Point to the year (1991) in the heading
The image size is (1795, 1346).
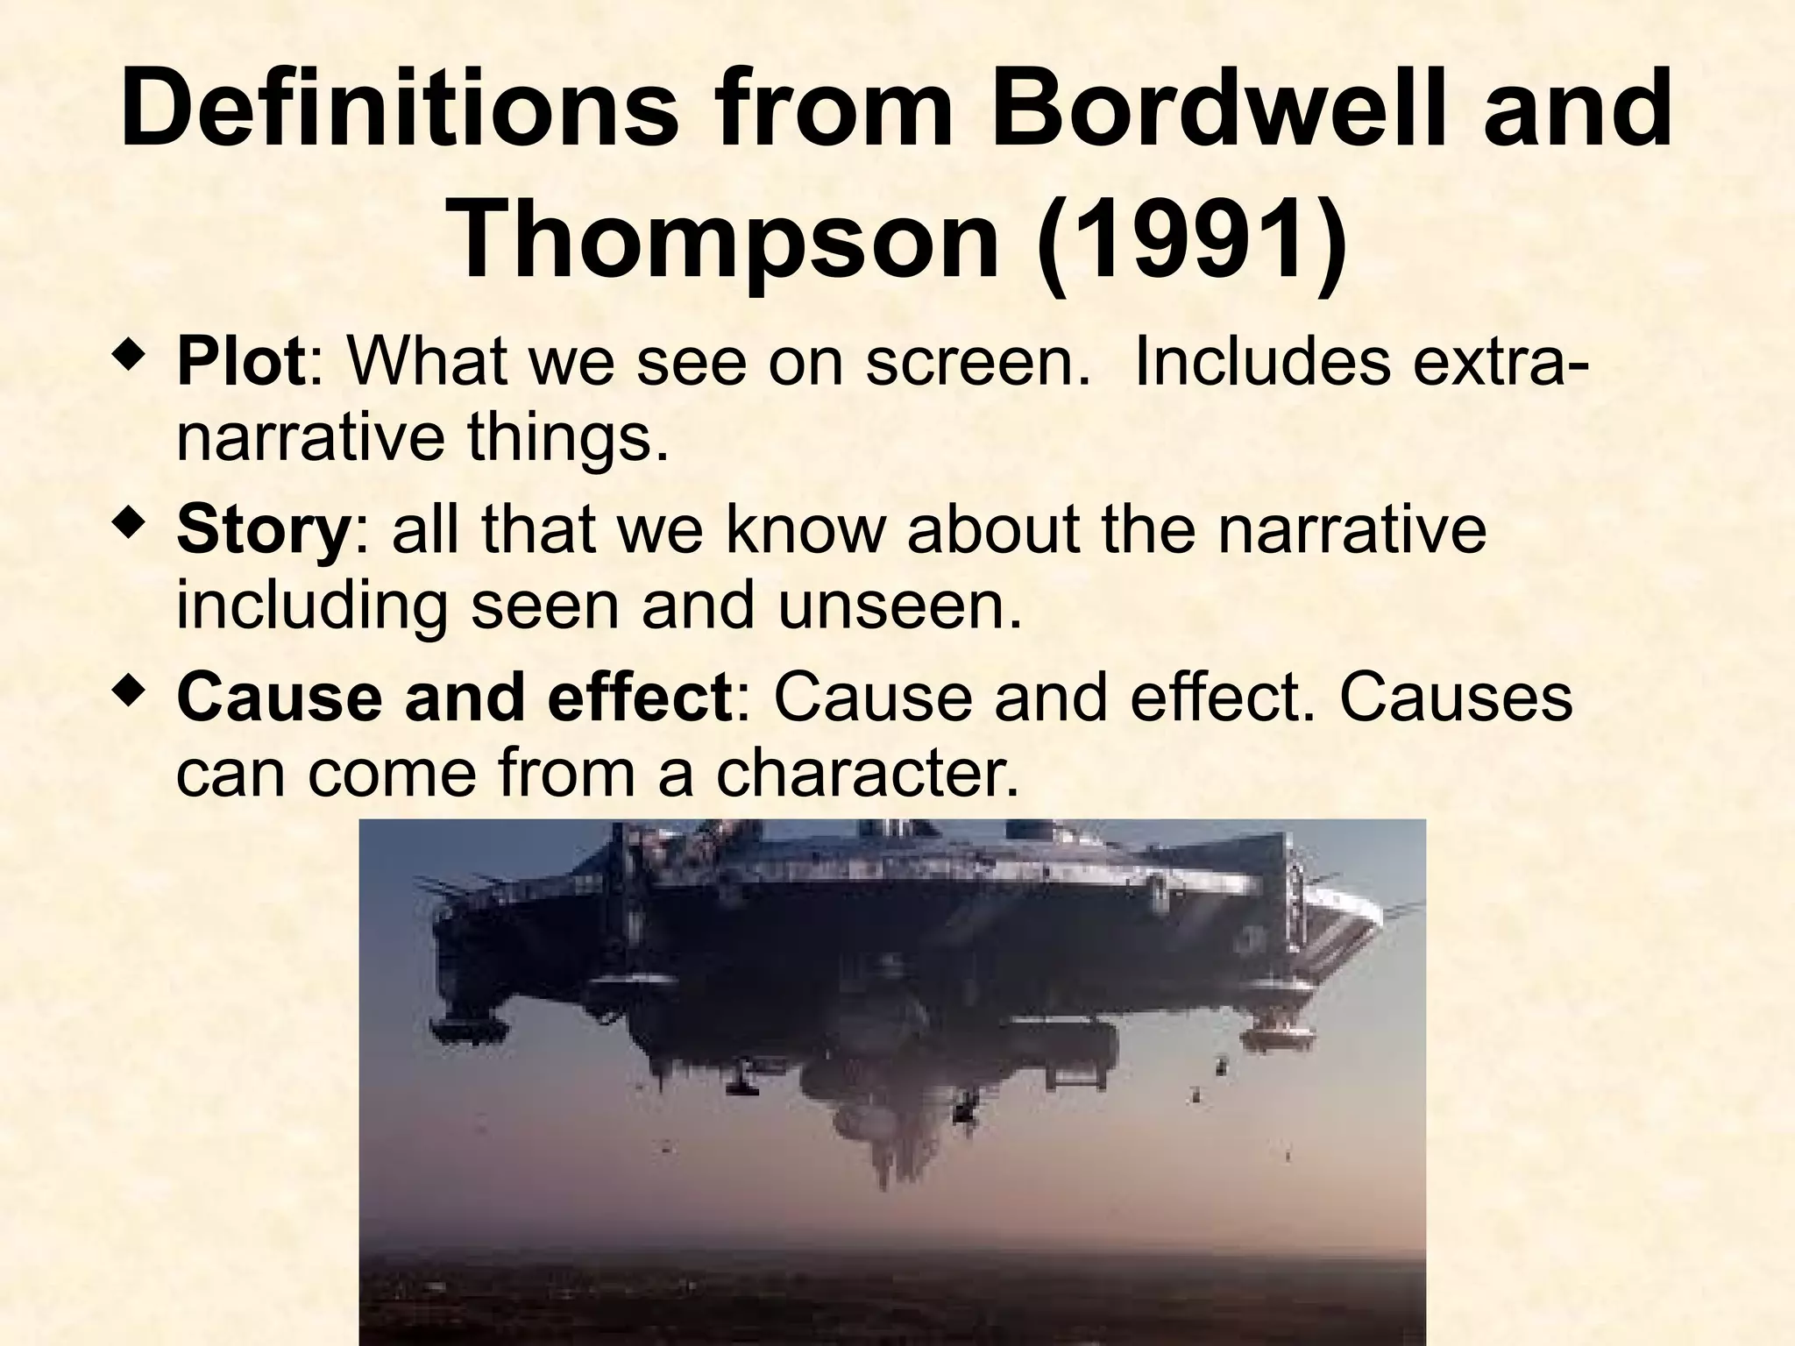point(1189,238)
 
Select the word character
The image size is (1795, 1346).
point(868,773)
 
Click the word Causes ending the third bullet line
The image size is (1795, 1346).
point(1455,698)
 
